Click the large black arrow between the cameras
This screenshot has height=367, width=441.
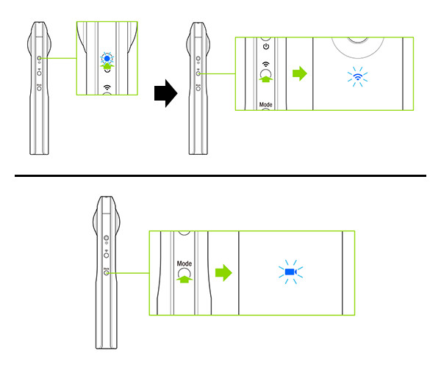[x=166, y=93]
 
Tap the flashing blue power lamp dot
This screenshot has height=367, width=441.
[x=107, y=59]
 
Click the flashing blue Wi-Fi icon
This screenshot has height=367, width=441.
[x=357, y=76]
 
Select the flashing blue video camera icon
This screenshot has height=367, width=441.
[x=291, y=272]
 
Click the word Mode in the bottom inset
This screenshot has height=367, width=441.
[x=184, y=264]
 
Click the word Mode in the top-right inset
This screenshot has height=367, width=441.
[x=265, y=104]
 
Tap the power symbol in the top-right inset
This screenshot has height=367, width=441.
[x=266, y=47]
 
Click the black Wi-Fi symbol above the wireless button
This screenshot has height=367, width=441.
[x=266, y=65]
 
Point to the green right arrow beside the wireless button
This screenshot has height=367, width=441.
[x=300, y=73]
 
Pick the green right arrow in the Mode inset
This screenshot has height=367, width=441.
[x=223, y=272]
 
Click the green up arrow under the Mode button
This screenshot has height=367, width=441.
[x=184, y=279]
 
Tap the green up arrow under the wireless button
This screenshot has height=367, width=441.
[x=266, y=79]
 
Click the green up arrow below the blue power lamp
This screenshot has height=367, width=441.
[x=107, y=66]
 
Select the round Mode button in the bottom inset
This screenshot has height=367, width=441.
[x=184, y=273]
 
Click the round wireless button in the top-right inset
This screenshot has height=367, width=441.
[x=266, y=74]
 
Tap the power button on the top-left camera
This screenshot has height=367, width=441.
[x=39, y=58]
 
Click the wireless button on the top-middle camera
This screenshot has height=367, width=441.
[x=198, y=73]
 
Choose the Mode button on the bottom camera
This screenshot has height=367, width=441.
[x=107, y=272]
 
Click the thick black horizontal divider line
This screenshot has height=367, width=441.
[x=220, y=175]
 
